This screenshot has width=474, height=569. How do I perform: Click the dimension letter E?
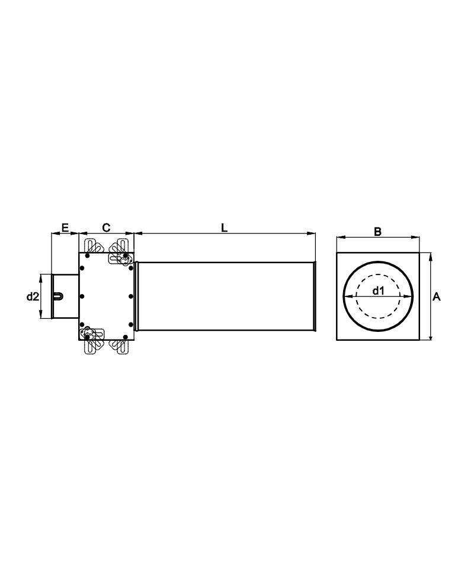pos(65,228)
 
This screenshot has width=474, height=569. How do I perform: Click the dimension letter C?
pos(106,228)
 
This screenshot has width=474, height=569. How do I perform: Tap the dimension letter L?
pos(225,228)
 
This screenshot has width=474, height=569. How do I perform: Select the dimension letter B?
pos(377,232)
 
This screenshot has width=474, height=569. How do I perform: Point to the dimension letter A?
pos(437,297)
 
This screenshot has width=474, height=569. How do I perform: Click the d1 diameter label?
pos(378,290)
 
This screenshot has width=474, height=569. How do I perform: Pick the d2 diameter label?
pos(32,296)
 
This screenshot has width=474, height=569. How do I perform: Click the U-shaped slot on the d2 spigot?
pos(59,296)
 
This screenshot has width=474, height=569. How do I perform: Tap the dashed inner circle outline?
pos(378,274)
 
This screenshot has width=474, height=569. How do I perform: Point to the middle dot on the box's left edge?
pos(82,296)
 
